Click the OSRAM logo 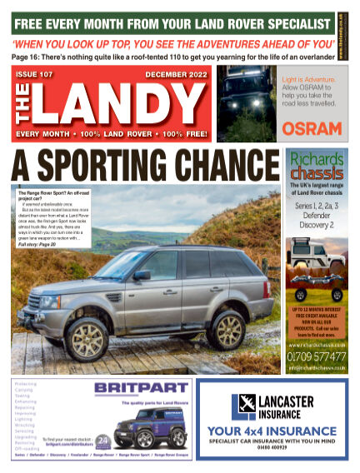[x=311, y=128]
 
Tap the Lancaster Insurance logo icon [x=244, y=405]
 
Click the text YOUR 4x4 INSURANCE [x=271, y=431]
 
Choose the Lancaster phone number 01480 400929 [x=271, y=449]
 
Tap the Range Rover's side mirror [x=142, y=274]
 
